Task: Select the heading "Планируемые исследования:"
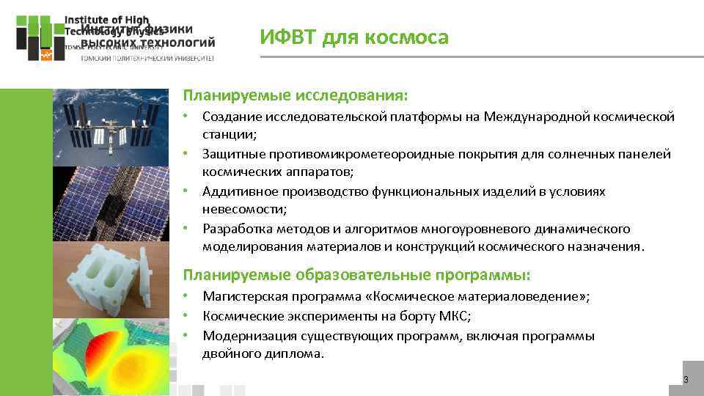click(295, 95)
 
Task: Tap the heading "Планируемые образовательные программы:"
click(356, 275)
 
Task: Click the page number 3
click(686, 379)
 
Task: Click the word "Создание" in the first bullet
click(230, 117)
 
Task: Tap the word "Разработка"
click(235, 228)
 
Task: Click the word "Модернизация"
click(246, 336)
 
